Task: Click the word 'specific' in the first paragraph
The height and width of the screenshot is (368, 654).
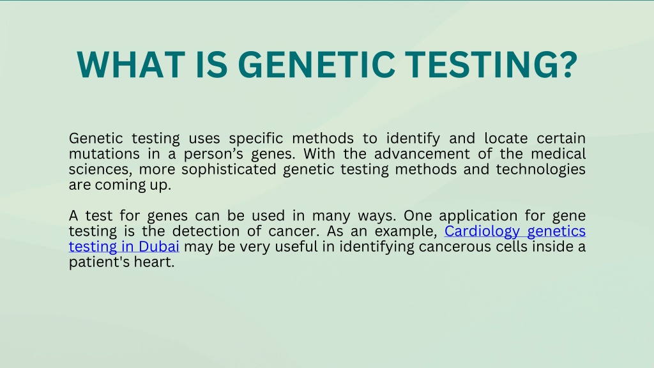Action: pyautogui.click(x=255, y=139)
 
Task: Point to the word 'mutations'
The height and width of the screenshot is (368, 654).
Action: pyautogui.click(x=104, y=154)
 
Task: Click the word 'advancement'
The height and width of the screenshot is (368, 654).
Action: pyautogui.click(x=422, y=154)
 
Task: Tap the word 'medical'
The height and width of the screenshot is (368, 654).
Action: pyautogui.click(x=558, y=154)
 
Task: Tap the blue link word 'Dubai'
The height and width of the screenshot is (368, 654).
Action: pyautogui.click(x=159, y=247)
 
